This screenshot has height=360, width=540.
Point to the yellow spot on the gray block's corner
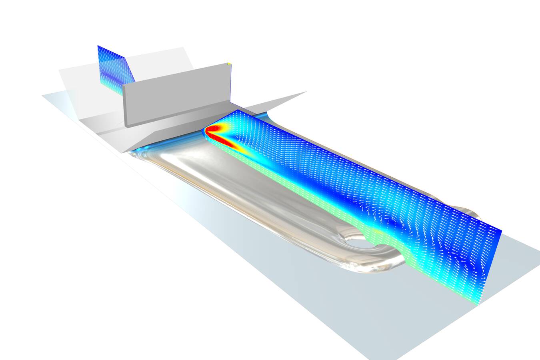[x=229, y=63]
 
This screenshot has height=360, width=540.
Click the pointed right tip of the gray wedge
[x=306, y=92]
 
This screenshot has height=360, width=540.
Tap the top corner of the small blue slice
[x=98, y=46]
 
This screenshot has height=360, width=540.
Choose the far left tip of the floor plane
[x=43, y=96]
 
